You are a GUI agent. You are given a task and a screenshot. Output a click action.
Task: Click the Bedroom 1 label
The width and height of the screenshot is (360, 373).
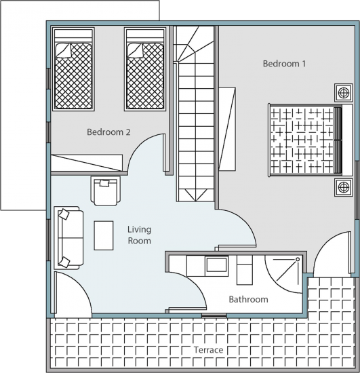284,64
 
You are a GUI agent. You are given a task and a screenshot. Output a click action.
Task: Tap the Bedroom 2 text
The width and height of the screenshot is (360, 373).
108,132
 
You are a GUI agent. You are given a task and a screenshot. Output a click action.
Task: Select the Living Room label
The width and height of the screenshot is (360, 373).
140,235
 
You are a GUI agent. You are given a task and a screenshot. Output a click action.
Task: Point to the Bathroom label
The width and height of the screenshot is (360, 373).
248,299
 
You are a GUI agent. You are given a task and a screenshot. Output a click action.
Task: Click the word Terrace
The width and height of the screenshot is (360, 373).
208,350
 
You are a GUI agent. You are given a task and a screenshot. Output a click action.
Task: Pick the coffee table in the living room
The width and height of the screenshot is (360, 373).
104,235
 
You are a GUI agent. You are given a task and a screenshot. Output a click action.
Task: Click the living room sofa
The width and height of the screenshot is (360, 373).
68,238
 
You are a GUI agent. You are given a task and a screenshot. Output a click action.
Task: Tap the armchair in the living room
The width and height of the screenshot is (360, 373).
105,191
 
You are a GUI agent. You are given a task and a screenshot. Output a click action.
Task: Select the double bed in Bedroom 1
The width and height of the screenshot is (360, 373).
311,140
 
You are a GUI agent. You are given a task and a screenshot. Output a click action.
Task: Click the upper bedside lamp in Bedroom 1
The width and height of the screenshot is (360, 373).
344,92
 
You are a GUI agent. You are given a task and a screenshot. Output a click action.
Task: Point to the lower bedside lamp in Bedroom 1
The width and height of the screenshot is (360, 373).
344,187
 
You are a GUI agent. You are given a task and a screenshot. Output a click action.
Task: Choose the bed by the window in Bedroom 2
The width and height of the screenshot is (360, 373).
73,69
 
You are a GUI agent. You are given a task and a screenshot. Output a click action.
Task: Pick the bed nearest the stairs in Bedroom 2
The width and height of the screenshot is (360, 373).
145,69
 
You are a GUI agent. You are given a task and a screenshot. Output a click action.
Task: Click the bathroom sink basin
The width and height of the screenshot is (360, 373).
216,264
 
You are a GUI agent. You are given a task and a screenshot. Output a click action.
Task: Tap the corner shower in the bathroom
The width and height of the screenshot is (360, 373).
284,273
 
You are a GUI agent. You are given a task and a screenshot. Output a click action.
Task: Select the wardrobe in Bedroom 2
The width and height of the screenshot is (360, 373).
87,163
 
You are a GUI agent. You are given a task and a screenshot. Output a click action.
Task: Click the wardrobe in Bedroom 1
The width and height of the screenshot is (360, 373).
227,129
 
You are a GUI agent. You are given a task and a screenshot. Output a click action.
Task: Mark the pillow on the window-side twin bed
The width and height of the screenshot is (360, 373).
64,50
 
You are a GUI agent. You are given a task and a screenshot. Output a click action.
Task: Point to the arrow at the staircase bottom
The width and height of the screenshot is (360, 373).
196,195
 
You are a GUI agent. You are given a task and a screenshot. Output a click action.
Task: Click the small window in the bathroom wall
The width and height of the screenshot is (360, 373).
214,315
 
